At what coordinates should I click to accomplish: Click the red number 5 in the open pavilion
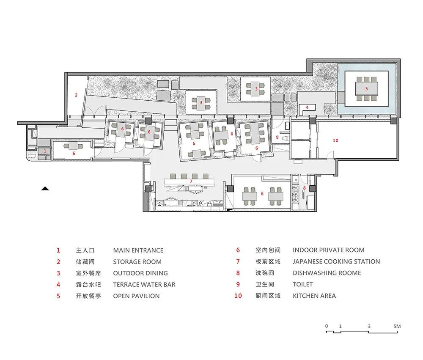coord(366,89)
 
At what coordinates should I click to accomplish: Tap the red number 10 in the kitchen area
coord(335,140)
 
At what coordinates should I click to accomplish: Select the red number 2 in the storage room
coord(76,95)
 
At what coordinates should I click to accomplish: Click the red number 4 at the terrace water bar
coord(308,107)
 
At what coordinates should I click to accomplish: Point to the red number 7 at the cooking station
coord(191,181)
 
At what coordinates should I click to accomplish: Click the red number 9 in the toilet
coord(277,137)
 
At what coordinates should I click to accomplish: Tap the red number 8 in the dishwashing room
coord(304,187)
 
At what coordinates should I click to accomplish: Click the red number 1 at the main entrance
coord(44,151)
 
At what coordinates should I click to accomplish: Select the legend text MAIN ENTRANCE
coord(138,250)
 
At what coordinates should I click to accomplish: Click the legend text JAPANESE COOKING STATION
coord(336,261)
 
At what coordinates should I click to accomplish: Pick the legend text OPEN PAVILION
coord(136,296)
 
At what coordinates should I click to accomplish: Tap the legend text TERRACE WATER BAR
coord(144,284)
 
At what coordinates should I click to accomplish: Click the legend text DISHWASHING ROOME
coord(327,273)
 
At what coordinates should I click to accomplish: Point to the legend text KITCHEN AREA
coord(314,296)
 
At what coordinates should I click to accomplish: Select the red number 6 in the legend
coord(238,250)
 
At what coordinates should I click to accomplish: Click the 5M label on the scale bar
coord(396,327)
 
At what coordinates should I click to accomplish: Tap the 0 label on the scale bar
coord(327,327)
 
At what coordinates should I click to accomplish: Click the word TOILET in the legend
coord(302,284)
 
